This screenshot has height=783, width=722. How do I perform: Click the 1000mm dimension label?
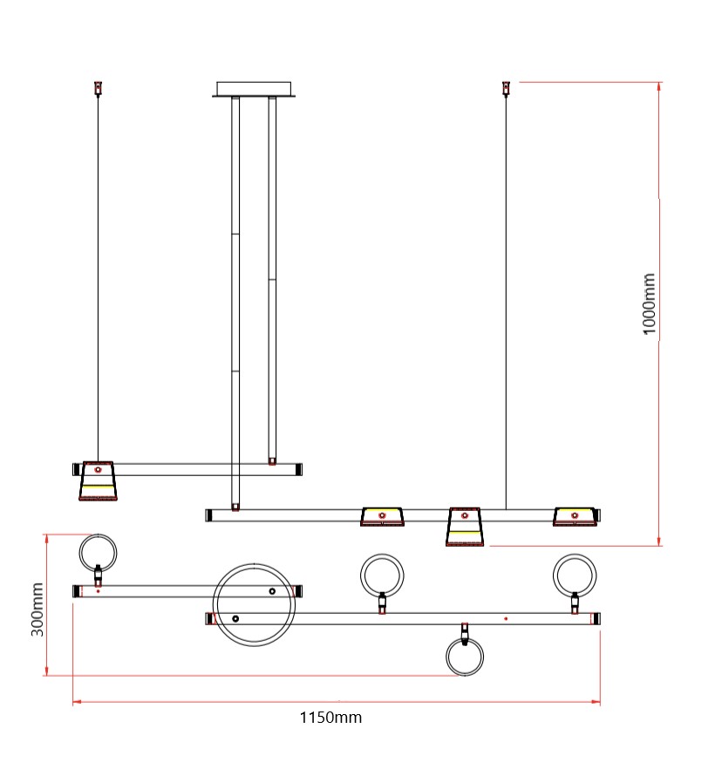pos(650,303)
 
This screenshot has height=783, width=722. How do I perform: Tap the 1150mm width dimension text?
pos(330,718)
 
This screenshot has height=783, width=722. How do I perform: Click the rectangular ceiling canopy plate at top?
pos(255,89)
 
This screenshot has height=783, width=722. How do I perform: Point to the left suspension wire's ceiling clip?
pos(98,88)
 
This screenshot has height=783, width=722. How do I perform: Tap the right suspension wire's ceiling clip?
pos(505,88)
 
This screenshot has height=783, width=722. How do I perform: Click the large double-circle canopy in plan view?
pos(255,604)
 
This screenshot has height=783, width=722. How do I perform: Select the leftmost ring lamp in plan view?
pos(98,552)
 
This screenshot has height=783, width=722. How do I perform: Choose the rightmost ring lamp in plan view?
pos(574,574)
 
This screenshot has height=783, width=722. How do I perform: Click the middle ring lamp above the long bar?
pos(382,574)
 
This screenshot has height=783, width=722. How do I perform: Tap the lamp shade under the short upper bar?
pos(98,485)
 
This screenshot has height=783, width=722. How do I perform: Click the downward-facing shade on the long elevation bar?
pos(465,527)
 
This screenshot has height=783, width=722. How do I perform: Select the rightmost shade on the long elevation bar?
pos(575,516)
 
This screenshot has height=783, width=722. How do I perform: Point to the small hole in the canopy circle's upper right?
pos(272,591)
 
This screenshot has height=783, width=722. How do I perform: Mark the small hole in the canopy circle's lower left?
pos(235,618)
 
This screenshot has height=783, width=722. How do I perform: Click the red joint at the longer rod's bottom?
pos(235,506)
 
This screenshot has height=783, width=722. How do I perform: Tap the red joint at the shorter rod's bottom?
pos(272,460)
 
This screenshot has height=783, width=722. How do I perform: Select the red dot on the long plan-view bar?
pos(506,618)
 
